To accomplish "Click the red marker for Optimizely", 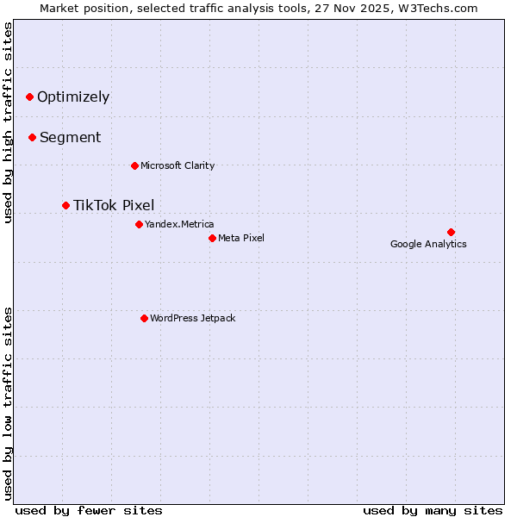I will pyautogui.click(x=29, y=97).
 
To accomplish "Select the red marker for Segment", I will pyautogui.click(x=32, y=137).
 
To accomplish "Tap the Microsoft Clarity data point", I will pyautogui.click(x=134, y=165).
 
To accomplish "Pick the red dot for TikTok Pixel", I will pyautogui.click(x=65, y=205).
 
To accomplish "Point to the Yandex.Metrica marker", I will pyautogui.click(x=139, y=224).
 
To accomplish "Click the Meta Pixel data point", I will pyautogui.click(x=212, y=238).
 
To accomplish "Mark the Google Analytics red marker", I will pyautogui.click(x=451, y=232).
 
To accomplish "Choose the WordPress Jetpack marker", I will pyautogui.click(x=144, y=318).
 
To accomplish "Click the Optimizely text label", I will pyautogui.click(x=73, y=97).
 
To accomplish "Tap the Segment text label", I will pyautogui.click(x=70, y=137).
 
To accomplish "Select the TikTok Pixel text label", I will pyautogui.click(x=114, y=205).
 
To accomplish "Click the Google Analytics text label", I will pyautogui.click(x=428, y=244).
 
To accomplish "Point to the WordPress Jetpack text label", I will pyautogui.click(x=192, y=318).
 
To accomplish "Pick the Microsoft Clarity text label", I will pyautogui.click(x=178, y=165).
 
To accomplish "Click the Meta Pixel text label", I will pyautogui.click(x=241, y=238).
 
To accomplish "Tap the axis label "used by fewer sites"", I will pyautogui.click(x=89, y=510).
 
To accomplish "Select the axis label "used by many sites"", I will pyautogui.click(x=433, y=510).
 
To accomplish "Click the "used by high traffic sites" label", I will pyautogui.click(x=9, y=122).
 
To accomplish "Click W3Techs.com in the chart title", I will pyautogui.click(x=442, y=9).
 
